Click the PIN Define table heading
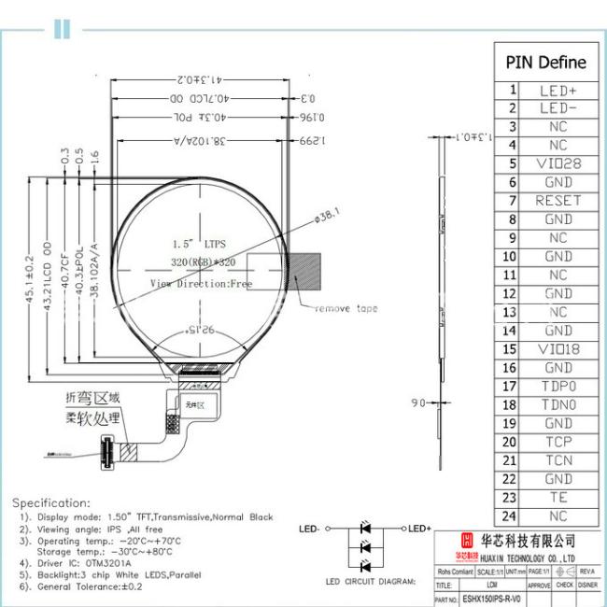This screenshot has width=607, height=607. [x=546, y=63]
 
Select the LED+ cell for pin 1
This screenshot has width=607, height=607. [x=558, y=91]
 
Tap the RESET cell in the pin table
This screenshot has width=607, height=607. [x=558, y=201]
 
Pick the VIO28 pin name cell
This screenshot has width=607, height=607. [x=558, y=163]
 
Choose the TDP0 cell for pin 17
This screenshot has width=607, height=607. [x=558, y=387]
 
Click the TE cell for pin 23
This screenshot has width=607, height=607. [x=558, y=498]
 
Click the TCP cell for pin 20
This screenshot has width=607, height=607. [x=558, y=442]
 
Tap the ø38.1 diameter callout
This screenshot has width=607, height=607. [x=328, y=217]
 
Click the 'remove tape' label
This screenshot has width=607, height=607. [x=346, y=308]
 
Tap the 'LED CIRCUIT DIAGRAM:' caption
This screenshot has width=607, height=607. [x=370, y=582]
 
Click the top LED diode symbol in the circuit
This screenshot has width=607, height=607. [x=365, y=529]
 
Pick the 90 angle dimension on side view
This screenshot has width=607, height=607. [x=417, y=402]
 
